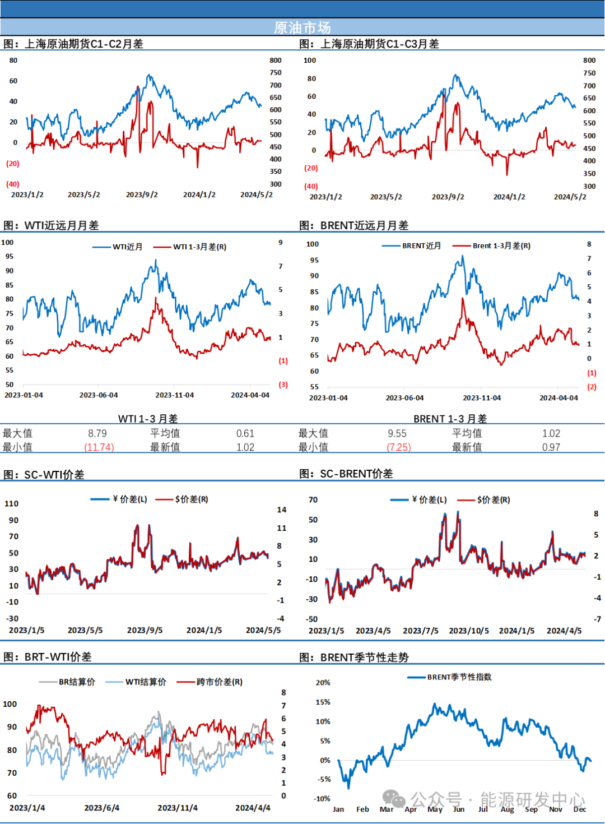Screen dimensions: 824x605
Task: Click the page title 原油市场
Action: tap(302, 27)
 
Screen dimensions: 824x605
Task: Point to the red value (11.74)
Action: tap(99, 447)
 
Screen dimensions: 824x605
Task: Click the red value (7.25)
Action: tap(399, 447)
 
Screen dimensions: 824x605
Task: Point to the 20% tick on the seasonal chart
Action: tap(323, 683)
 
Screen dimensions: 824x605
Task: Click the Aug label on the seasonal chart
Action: tap(507, 809)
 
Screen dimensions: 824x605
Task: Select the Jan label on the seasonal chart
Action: tap(338, 809)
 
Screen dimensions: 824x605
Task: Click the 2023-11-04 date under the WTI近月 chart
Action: tap(175, 395)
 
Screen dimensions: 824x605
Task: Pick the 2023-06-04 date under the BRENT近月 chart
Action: tap(404, 398)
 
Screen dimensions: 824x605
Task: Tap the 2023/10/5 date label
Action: tap(469, 631)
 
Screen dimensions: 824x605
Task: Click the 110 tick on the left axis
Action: tap(12, 503)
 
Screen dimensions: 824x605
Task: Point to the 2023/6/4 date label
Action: tap(102, 808)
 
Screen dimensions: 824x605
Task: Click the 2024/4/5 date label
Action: tap(564, 631)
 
